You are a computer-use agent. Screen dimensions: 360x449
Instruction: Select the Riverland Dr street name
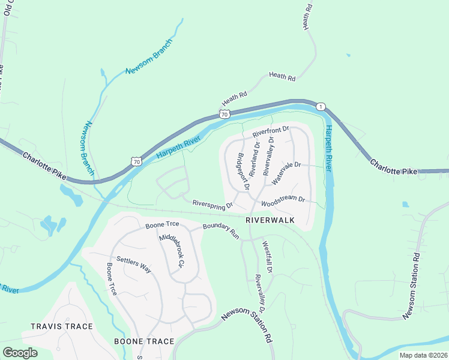coord(255,158)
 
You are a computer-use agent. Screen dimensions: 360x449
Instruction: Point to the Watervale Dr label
coord(285,173)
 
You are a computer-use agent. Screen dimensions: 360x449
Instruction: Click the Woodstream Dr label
coord(283,201)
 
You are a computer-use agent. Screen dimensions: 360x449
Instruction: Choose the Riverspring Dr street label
coord(212,205)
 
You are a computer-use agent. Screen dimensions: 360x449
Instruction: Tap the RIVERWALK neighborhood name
coord(270,220)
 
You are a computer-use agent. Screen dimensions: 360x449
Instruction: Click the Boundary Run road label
coord(221,231)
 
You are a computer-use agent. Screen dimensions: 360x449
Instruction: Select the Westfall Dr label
coord(267,257)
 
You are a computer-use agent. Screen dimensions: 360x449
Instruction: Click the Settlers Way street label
coord(133,265)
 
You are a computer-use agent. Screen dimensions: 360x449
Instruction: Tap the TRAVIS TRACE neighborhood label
coord(62,326)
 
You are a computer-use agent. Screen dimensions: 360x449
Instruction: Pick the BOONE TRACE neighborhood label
coord(144,341)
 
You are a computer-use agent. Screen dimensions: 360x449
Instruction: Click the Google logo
coord(19,353)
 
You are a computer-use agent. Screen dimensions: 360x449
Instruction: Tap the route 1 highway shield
coord(321,106)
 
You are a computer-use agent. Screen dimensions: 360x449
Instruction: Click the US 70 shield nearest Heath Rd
coord(224,113)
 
